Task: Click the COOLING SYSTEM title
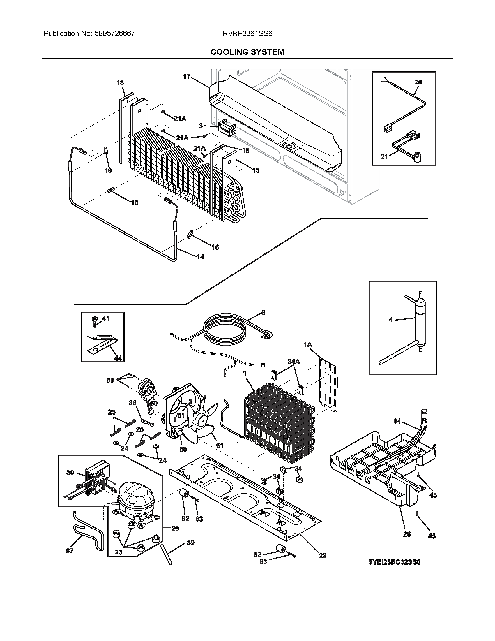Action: coord(248,52)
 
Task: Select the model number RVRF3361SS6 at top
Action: coord(248,34)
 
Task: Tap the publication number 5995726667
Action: coord(115,34)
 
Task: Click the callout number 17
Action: coord(187,77)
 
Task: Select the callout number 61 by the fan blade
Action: coord(219,453)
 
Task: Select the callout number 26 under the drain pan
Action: coord(407,534)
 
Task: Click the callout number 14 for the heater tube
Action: coord(200,257)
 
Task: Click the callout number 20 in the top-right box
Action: coord(418,82)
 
